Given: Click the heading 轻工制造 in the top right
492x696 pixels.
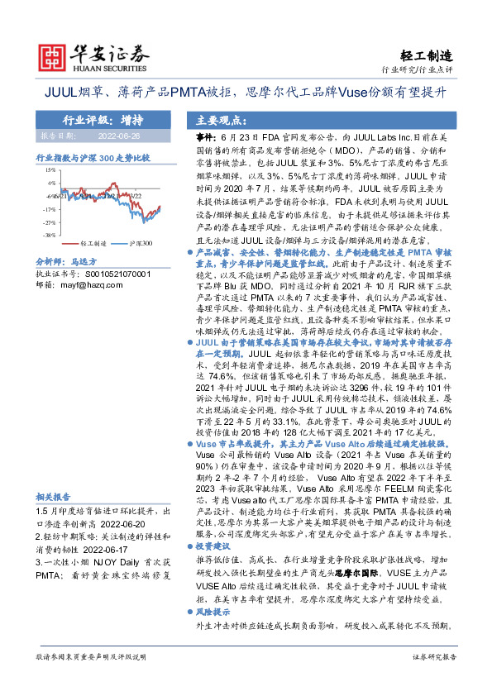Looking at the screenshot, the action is click(x=430, y=55).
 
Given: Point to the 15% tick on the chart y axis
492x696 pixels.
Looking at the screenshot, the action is click(x=51, y=169).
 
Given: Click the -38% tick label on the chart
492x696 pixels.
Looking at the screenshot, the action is click(x=50, y=234).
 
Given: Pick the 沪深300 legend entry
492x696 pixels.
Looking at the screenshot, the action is click(x=141, y=245).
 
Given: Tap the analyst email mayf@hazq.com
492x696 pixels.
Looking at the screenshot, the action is click(x=81, y=284).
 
